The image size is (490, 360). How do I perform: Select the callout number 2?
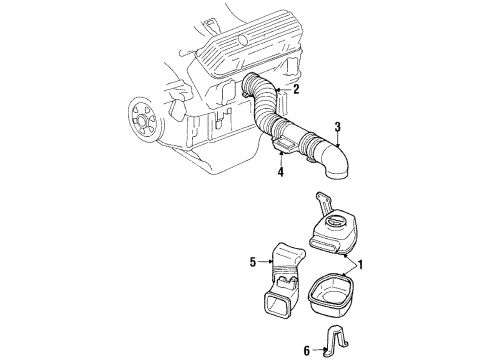[296, 89]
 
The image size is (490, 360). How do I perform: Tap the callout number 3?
[338, 126]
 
